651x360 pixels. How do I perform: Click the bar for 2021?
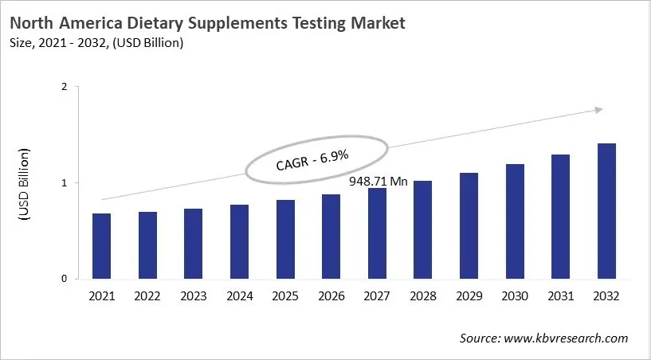click(102, 246)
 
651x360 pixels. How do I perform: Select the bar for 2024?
click(239, 242)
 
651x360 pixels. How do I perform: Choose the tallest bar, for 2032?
click(606, 212)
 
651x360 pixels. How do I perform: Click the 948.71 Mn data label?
click(378, 182)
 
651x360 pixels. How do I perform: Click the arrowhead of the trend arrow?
click(597, 111)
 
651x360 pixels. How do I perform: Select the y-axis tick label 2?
click(64, 88)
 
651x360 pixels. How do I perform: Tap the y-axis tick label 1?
click(64, 183)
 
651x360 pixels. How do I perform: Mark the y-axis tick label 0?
click(64, 279)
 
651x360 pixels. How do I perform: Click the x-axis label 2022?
click(147, 296)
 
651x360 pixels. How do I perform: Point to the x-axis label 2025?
click(285, 296)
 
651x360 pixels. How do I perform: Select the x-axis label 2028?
click(423, 296)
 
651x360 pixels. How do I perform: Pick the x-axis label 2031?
click(561, 296)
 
